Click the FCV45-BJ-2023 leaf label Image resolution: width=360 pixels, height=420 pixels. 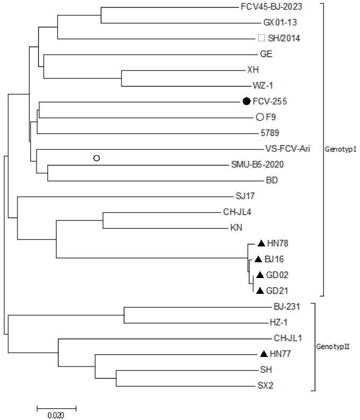point(271,6)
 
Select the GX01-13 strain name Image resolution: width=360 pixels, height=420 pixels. point(280,22)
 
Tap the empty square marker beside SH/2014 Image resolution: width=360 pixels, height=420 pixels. point(261,38)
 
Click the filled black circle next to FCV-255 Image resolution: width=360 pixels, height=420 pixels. point(247,101)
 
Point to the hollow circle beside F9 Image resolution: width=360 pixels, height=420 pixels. point(260,117)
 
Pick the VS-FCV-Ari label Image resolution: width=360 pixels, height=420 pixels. point(287,149)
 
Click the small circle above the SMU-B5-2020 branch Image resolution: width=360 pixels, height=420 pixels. point(96,158)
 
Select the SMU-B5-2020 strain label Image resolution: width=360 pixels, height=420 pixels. point(257,165)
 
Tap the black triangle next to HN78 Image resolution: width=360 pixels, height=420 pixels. point(261,243)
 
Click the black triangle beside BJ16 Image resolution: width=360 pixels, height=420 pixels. point(258,259)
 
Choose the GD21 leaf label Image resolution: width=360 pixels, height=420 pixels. point(277,291)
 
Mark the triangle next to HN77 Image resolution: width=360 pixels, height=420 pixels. point(264,354)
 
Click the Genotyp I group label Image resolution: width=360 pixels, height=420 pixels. point(340,149)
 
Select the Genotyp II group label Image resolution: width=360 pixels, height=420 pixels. point(332,346)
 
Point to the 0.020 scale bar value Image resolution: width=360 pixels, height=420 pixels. point(56,415)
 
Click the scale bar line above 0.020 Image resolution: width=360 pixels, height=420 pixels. point(57,408)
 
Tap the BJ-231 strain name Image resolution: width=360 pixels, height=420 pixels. point(286,307)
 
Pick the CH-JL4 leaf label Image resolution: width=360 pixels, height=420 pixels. point(237,212)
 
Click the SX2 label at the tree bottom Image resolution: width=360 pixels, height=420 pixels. point(266,386)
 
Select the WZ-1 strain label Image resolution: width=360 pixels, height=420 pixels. point(262,85)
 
